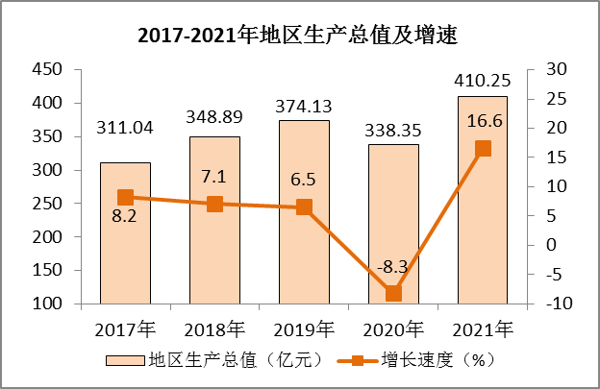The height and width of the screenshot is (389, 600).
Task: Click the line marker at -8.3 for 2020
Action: [393, 293]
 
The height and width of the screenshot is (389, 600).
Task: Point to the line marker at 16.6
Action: [483, 148]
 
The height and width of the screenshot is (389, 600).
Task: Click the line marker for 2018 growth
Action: [214, 204]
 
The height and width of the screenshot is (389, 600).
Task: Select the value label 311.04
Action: [125, 127]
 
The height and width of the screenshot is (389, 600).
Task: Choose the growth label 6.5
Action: [302, 180]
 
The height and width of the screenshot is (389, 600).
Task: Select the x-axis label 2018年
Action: [214, 328]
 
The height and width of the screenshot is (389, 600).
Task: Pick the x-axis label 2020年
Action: [393, 328]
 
